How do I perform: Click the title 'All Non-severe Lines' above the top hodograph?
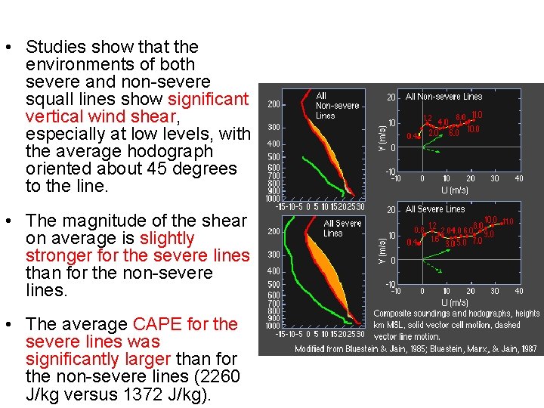click(444, 97)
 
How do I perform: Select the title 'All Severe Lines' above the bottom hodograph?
click(435, 209)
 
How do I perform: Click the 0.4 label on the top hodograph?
click(412, 137)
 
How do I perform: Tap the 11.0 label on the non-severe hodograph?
click(476, 115)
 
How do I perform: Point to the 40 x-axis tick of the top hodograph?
click(518, 179)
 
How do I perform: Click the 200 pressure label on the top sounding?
click(274, 104)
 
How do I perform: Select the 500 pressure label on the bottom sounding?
click(274, 284)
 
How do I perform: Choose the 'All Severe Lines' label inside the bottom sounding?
click(342, 229)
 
